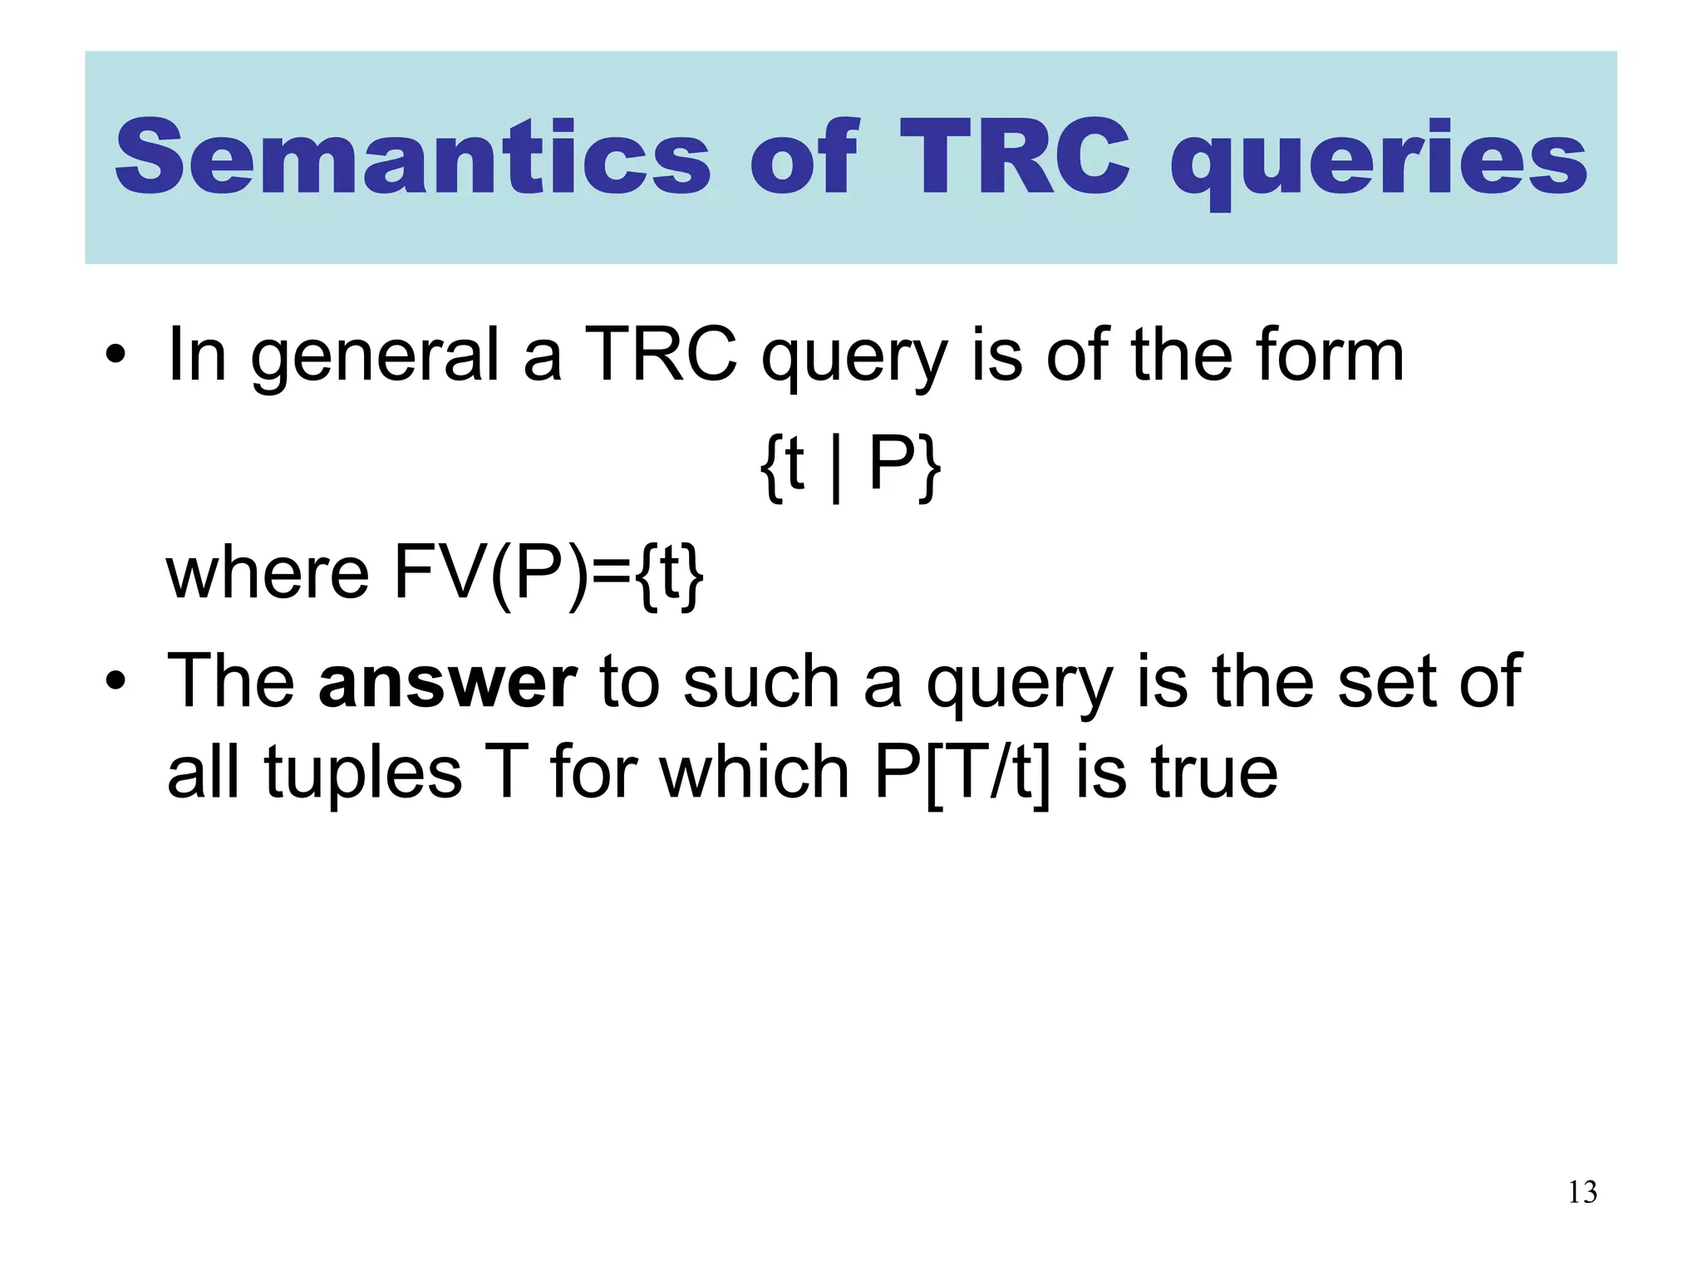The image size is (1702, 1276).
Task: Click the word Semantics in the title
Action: pyautogui.click(x=413, y=158)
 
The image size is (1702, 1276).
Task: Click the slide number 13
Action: pyautogui.click(x=1582, y=1192)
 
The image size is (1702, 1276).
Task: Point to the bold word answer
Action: pyautogui.click(x=447, y=682)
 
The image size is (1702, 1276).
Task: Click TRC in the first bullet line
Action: pyautogui.click(x=661, y=355)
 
